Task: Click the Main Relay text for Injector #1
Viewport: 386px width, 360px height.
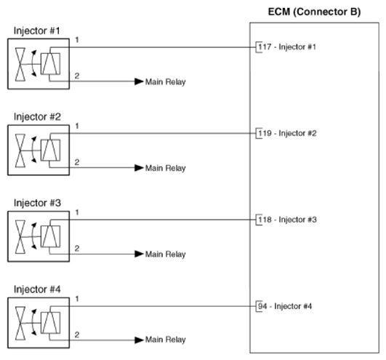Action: click(x=166, y=81)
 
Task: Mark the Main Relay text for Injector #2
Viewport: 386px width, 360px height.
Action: click(x=166, y=168)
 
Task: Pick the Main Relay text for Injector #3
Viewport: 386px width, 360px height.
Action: click(x=166, y=254)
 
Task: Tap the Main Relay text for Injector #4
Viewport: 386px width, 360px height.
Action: click(x=166, y=340)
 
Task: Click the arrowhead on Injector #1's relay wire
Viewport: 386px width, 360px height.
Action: click(x=139, y=81)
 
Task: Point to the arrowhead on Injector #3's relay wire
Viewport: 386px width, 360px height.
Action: click(x=139, y=254)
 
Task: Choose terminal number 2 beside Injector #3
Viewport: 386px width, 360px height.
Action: click(x=77, y=247)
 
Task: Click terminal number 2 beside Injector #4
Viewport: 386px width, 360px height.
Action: click(x=77, y=333)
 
